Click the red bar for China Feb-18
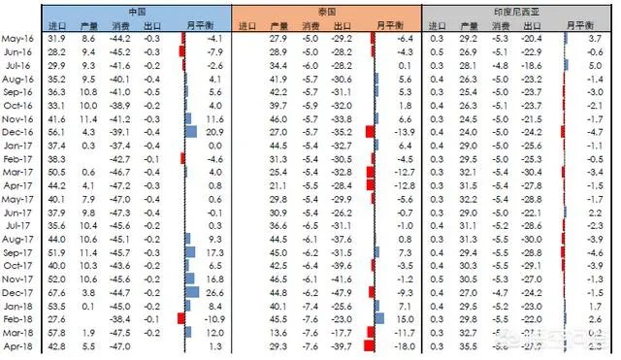(180, 317)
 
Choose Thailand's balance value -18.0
(403, 344)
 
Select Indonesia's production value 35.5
(469, 344)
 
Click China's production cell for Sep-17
(88, 250)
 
